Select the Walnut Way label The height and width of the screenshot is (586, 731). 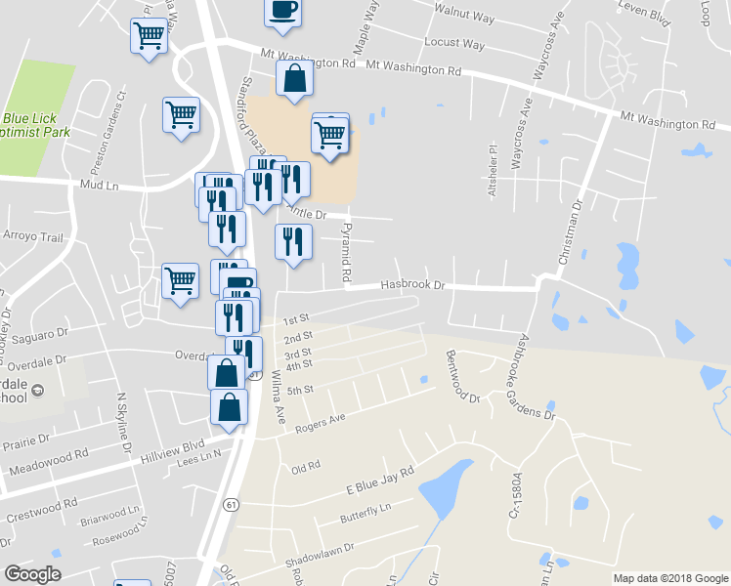pos(466,17)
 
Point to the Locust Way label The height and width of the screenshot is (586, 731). pos(454,44)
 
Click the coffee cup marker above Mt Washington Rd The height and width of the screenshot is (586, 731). pos(283,10)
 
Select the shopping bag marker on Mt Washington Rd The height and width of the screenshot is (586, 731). pos(294,80)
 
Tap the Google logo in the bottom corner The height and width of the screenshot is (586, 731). pos(32,573)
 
